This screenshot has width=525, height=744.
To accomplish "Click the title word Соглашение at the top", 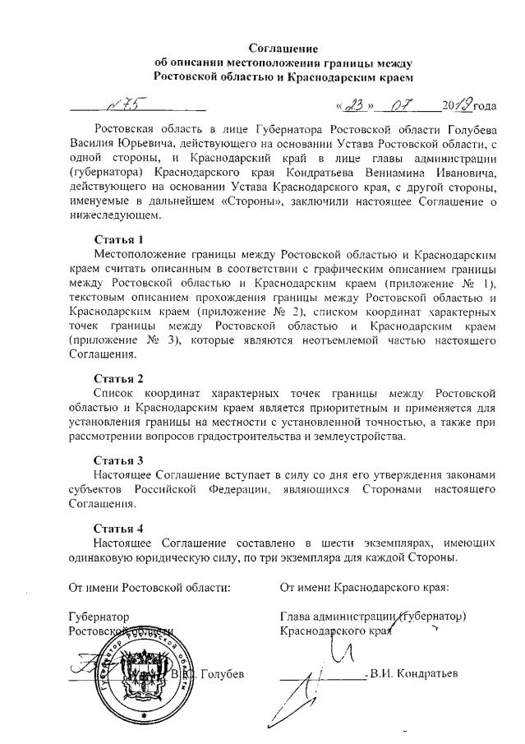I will coord(283,49).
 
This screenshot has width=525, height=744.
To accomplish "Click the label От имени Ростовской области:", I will coord(149,588).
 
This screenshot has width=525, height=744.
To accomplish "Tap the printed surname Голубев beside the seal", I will coord(223,675).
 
